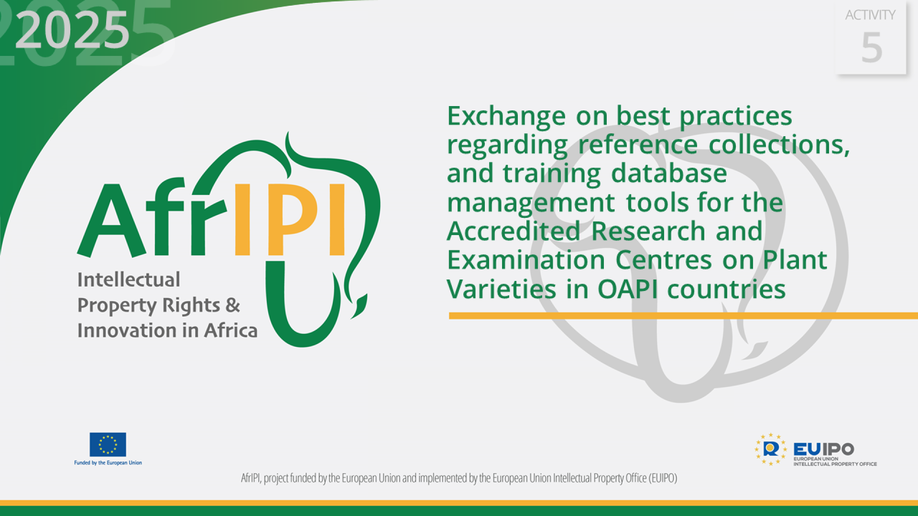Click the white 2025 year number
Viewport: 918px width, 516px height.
[x=72, y=31]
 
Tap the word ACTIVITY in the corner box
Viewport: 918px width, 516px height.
[x=870, y=15]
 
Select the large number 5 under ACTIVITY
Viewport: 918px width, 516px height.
[x=871, y=48]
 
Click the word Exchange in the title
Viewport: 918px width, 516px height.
[x=506, y=116]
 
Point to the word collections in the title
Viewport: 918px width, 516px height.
[x=779, y=145]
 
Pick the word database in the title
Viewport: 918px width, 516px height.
[x=669, y=173]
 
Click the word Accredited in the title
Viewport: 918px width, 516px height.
[x=514, y=231]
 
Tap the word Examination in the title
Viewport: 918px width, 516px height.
[x=526, y=260]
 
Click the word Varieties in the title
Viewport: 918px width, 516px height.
[x=501, y=290]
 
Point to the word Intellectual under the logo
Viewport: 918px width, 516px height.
[x=129, y=280]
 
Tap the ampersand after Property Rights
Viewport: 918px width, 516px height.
[x=233, y=305]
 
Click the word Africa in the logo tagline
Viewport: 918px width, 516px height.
[x=231, y=331]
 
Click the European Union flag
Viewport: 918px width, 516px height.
[x=108, y=445]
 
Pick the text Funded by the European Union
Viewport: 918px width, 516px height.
[x=108, y=463]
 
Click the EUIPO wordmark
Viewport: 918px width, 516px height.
[x=823, y=449]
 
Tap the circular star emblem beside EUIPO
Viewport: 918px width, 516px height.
[x=770, y=449]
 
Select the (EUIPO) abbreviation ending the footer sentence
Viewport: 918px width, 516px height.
[x=663, y=478]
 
